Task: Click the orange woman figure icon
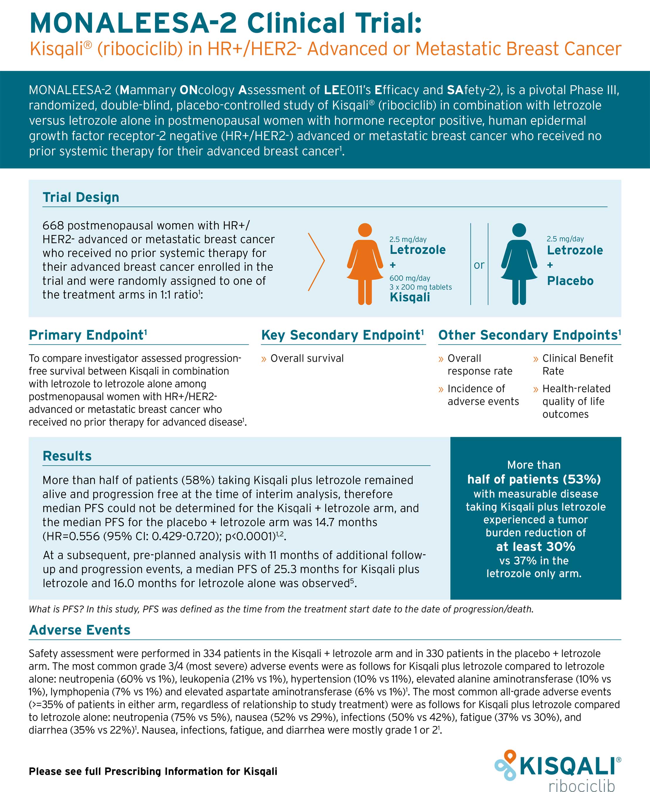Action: [365, 264]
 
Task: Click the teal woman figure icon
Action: [519, 264]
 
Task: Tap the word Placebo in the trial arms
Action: [570, 281]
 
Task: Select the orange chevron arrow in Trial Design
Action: [317, 262]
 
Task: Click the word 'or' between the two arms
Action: [479, 265]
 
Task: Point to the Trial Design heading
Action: [81, 197]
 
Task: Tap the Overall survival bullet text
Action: [307, 358]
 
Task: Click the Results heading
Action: [67, 456]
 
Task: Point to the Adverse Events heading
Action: [80, 630]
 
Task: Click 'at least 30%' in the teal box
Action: [535, 546]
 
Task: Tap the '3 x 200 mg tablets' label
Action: [421, 287]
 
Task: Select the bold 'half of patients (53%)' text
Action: [534, 479]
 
